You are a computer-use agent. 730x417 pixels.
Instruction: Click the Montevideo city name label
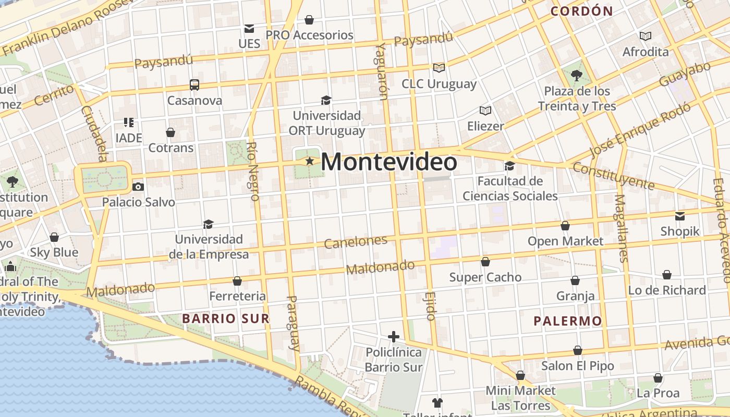pos(388,162)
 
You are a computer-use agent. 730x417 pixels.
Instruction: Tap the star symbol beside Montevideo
pos(310,162)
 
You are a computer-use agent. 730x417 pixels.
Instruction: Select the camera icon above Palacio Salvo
pos(138,187)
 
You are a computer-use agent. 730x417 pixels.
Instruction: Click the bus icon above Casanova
pos(194,84)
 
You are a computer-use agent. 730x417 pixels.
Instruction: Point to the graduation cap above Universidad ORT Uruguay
pos(326,100)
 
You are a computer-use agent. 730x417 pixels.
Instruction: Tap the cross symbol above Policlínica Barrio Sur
pos(394,337)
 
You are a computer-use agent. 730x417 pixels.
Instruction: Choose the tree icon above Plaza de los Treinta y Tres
pos(577,76)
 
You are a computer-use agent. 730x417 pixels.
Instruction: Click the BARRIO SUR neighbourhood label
pos(225,318)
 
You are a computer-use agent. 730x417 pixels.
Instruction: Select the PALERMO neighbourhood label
pos(568,321)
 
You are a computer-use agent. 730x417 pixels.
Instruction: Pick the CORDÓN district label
pos(581,11)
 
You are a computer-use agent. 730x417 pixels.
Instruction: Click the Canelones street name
pos(356,241)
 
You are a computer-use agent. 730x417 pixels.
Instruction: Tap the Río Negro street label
pos(253,171)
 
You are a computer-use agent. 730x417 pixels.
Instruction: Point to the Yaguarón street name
pos(381,71)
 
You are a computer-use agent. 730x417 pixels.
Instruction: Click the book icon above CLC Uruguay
pos(439,68)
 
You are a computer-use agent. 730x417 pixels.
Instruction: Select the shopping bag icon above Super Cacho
pos(485,262)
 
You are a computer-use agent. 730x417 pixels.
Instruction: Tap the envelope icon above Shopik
pos(680,216)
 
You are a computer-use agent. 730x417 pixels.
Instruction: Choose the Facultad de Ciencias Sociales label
pos(510,189)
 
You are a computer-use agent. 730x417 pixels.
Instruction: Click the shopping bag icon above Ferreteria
pos(237,281)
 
